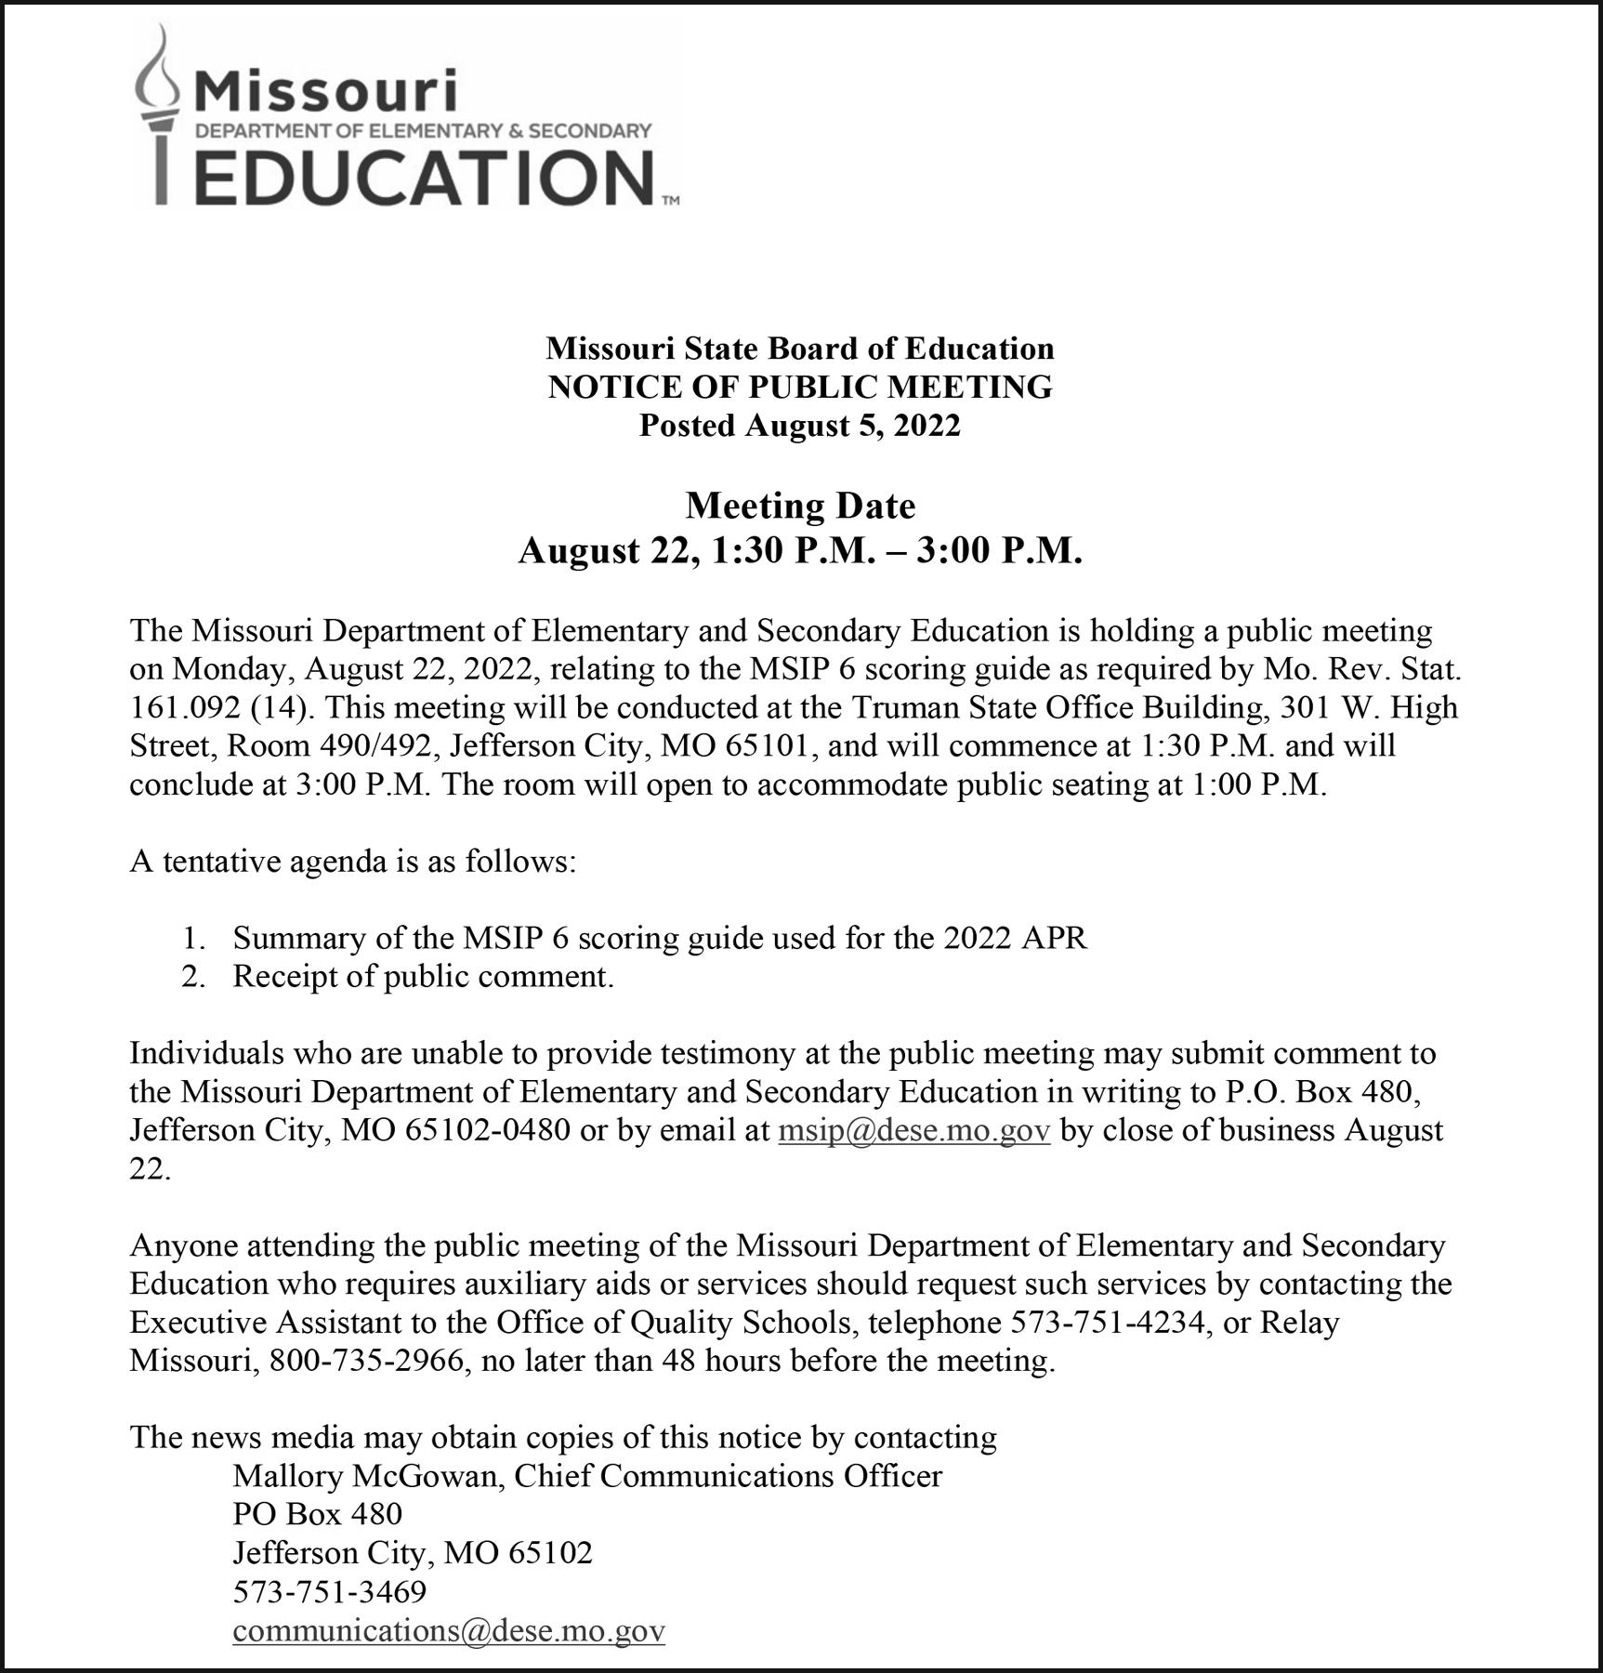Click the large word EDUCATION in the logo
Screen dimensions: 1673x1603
coord(424,176)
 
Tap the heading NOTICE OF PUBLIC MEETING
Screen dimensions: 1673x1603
coord(800,387)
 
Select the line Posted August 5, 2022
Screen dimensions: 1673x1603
coord(799,425)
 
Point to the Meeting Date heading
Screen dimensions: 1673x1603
coord(800,506)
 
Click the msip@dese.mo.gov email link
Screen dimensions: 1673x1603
coord(913,1129)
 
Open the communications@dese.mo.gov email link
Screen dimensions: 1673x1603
coord(449,1630)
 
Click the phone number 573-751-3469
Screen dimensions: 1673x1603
coord(329,1591)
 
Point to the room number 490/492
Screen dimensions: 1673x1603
coord(376,746)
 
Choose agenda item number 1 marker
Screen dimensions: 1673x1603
coord(191,938)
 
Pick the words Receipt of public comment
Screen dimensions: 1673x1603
coord(423,976)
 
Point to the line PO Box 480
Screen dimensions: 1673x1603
coord(317,1514)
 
